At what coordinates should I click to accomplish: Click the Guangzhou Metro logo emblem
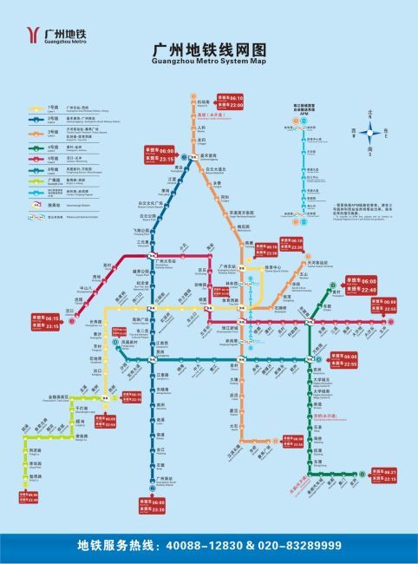(32, 34)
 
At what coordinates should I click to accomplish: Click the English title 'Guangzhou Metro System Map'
(209, 62)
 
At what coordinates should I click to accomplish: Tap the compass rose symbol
(370, 133)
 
